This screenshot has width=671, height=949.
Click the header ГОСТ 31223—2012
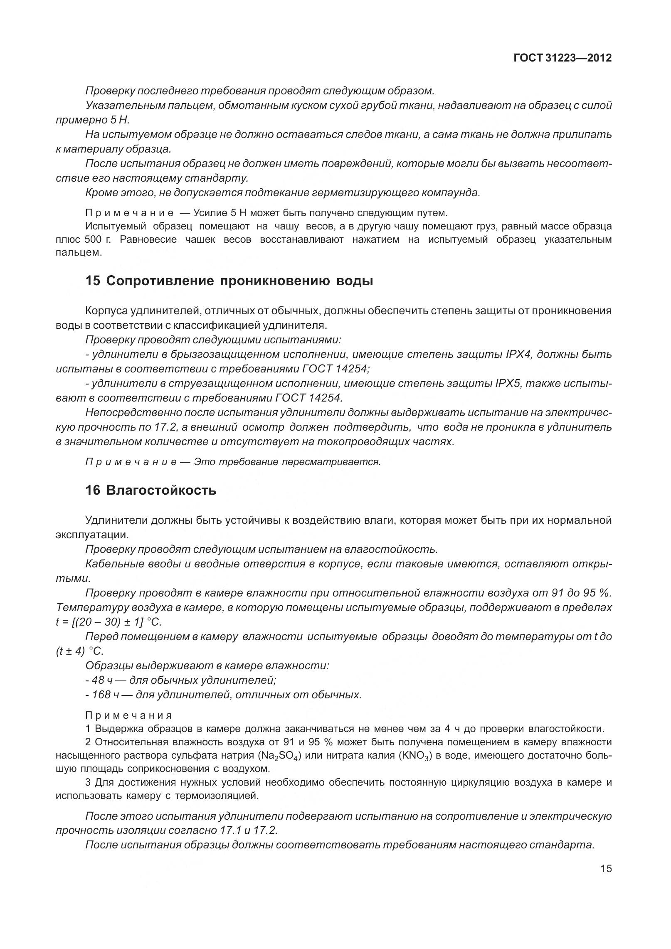point(562,58)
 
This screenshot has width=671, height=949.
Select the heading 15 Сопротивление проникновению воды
point(229,281)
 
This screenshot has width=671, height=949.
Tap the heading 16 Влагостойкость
point(151,490)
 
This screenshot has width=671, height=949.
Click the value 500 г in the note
point(95,239)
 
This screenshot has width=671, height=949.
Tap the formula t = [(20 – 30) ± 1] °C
point(109,622)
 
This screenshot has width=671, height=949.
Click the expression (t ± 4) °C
point(79,651)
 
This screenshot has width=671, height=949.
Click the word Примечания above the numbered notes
point(128,715)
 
